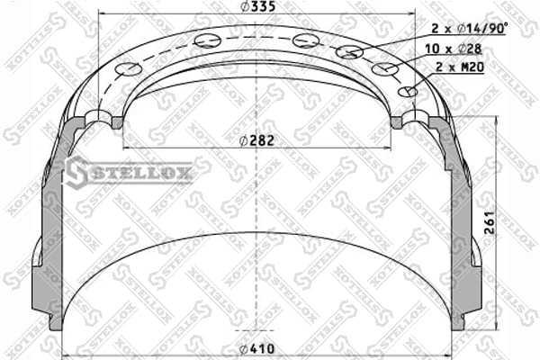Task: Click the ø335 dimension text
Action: pyautogui.click(x=258, y=6)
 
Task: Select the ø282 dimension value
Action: pyautogui.click(x=256, y=140)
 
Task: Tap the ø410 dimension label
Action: pyautogui.click(x=256, y=349)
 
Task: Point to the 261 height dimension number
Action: pyautogui.click(x=489, y=223)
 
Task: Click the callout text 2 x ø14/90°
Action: pyautogui.click(x=470, y=29)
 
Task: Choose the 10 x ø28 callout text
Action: pyautogui.click(x=454, y=49)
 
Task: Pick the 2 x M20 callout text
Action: pyautogui.click(x=460, y=67)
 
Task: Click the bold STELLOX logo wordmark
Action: pyautogui.click(x=141, y=172)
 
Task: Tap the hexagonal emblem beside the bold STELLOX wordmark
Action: pyautogui.click(x=77, y=172)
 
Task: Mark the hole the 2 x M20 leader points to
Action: pyautogui.click(x=408, y=92)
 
